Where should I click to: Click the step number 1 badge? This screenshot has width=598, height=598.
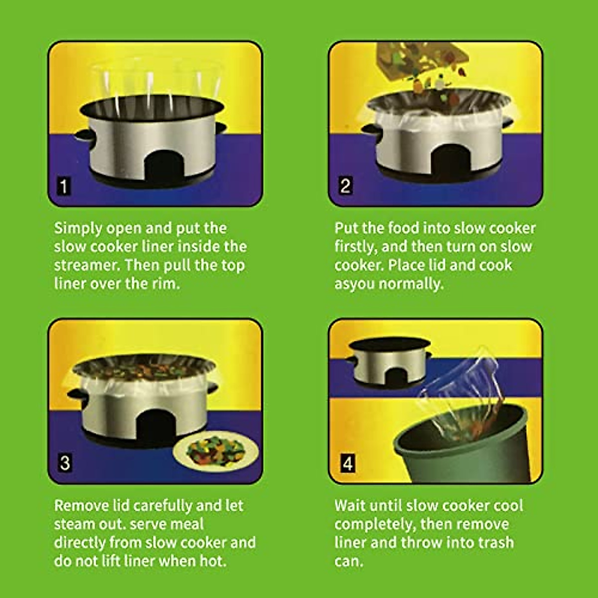[63, 186]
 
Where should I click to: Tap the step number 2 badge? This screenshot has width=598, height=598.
[345, 186]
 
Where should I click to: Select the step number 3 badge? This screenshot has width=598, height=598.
[64, 463]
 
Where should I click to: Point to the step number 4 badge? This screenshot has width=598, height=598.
[347, 463]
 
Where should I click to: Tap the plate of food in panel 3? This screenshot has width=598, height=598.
[216, 451]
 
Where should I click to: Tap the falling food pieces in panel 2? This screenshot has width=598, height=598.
[429, 75]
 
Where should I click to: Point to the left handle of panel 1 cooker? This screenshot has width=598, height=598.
[85, 135]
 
